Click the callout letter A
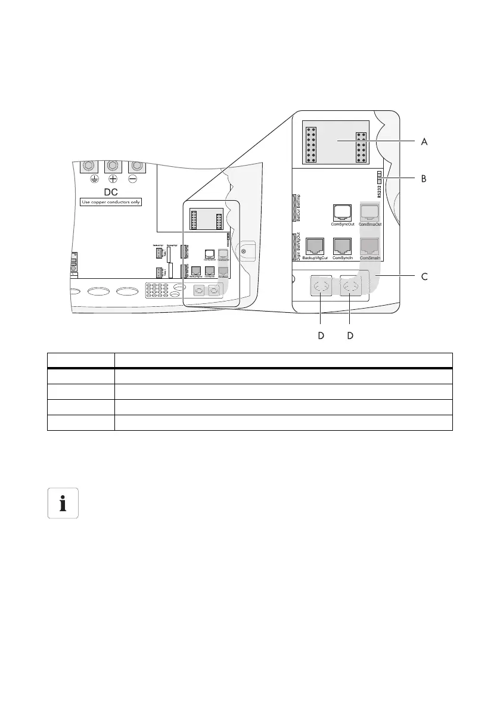point(424,142)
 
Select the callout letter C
point(424,277)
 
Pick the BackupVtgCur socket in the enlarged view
point(315,245)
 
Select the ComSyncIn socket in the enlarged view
point(343,245)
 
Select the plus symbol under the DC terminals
point(113,180)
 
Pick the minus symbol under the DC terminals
point(137,180)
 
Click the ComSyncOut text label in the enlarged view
point(343,224)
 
